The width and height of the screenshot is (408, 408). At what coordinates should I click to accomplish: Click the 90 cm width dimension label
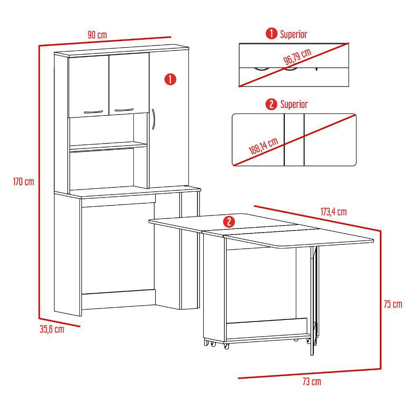(98, 35)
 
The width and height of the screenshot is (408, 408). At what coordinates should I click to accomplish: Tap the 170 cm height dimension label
(24, 182)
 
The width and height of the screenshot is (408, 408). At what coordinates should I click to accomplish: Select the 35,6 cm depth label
(52, 329)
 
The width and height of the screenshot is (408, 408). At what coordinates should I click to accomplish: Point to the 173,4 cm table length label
(334, 212)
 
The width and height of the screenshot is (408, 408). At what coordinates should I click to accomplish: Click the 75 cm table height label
(393, 304)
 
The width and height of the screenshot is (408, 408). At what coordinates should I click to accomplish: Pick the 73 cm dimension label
(312, 382)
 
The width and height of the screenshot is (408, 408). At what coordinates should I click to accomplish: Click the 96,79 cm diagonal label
(297, 56)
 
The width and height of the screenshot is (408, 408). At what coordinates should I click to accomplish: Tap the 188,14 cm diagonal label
(263, 146)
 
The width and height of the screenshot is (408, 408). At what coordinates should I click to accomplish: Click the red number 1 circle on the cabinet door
(170, 79)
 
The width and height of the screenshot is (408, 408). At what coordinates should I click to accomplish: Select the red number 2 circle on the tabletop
(229, 222)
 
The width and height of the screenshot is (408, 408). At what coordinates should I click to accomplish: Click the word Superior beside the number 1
(293, 34)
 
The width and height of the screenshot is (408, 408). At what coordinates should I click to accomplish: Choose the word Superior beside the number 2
(294, 104)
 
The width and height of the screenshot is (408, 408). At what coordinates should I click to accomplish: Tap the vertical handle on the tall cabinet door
(153, 119)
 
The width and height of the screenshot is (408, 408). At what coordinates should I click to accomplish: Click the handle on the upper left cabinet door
(93, 112)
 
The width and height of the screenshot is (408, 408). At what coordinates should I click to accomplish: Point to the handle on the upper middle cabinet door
(124, 110)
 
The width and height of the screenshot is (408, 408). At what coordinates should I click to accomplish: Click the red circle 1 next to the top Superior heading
(271, 34)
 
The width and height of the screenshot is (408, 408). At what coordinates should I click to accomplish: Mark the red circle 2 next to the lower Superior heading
(271, 104)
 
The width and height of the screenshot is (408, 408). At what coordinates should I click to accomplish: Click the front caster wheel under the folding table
(226, 346)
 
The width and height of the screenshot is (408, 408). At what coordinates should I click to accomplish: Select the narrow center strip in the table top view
(294, 140)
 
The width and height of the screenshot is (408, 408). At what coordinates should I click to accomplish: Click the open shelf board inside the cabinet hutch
(108, 146)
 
